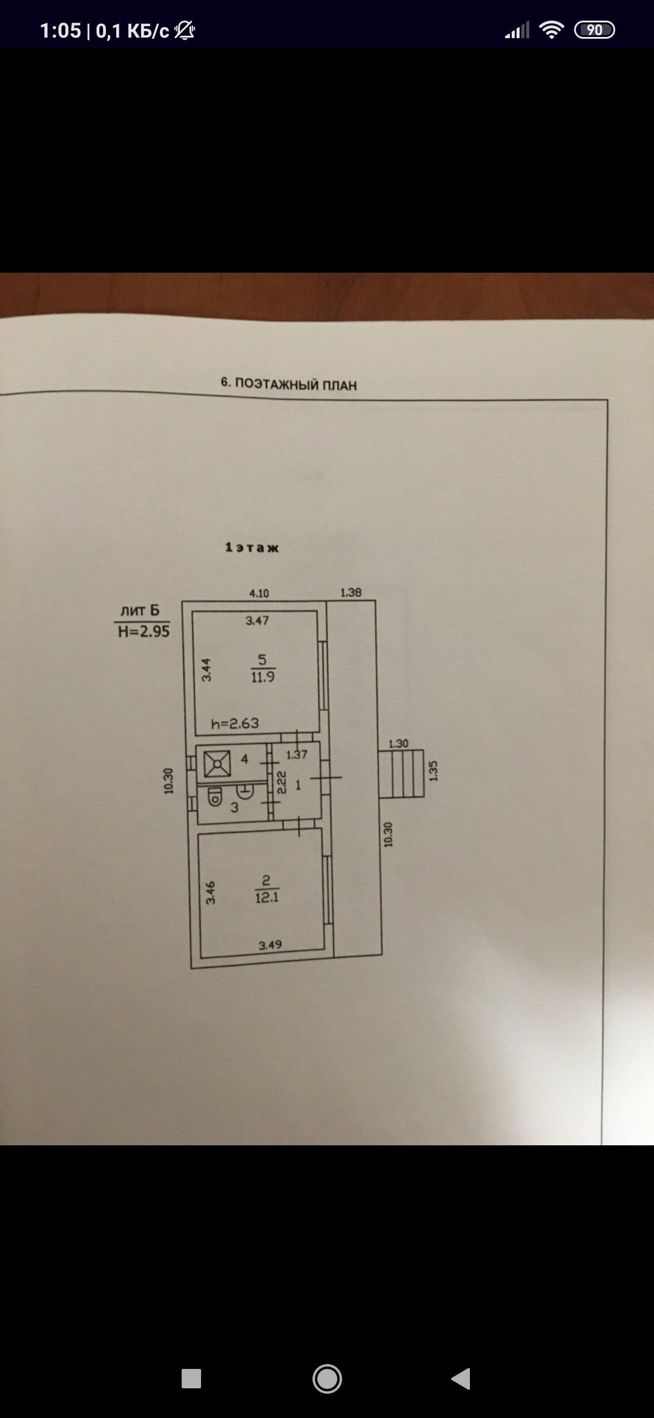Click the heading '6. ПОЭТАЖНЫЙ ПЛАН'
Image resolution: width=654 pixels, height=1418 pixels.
289,384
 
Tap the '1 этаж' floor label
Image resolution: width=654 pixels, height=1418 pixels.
252,547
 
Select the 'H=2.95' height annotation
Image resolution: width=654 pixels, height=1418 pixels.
144,631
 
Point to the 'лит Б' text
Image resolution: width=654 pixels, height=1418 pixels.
140,610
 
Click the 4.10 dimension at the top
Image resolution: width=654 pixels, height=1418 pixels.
259,593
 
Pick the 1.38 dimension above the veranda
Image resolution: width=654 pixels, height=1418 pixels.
351,592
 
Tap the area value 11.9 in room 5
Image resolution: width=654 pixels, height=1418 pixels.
263,677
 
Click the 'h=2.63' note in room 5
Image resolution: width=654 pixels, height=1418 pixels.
235,723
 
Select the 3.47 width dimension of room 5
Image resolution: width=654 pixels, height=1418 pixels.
257,621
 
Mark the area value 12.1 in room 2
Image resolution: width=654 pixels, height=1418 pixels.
266,897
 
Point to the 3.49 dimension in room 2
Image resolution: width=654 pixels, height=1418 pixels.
270,945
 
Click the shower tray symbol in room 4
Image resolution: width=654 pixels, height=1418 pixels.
217,764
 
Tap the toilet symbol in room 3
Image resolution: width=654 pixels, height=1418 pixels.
214,797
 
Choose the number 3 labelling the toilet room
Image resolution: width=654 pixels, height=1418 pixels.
234,807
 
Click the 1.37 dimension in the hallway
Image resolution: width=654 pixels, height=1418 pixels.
297,754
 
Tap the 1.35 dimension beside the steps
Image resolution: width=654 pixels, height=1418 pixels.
433,771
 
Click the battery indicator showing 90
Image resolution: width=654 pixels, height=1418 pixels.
594,30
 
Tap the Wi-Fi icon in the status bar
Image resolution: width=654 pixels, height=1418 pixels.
551,30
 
